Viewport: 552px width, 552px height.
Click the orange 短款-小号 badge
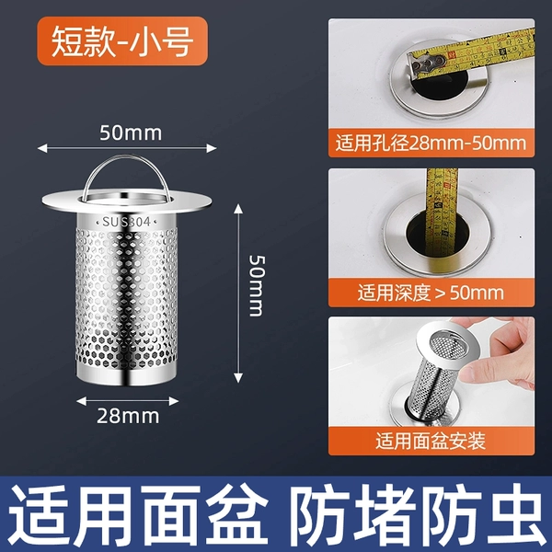[122, 40]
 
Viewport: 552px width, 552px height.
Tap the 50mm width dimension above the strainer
[131, 133]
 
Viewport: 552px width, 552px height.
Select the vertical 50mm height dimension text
[257, 286]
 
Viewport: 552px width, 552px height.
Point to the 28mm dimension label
[128, 417]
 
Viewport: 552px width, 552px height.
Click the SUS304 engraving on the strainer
[126, 222]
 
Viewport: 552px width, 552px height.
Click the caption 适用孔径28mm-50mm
[431, 144]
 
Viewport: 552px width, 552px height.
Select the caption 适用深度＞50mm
[431, 293]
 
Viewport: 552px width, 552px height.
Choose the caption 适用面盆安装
[431, 441]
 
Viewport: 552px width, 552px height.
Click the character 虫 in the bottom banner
[512, 514]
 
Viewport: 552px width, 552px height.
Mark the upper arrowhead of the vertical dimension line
[238, 209]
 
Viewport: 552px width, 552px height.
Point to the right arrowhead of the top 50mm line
[212, 148]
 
